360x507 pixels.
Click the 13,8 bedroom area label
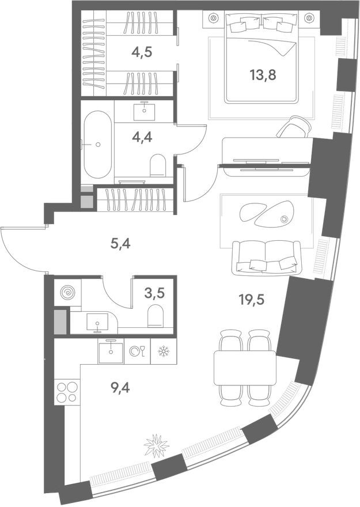[x=263, y=75]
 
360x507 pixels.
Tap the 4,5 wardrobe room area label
[x=142, y=51]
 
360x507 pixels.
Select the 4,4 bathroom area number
[x=142, y=138]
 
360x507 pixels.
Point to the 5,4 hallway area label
[x=120, y=244]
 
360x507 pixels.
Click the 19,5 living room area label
[x=252, y=300]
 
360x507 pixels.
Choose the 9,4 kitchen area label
[x=120, y=387]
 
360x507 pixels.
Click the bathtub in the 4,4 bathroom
[x=98, y=145]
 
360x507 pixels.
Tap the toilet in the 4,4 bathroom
[x=158, y=165]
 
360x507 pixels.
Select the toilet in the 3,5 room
[x=156, y=315]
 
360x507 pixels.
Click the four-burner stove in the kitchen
[x=67, y=391]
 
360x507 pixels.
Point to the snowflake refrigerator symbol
[x=163, y=351]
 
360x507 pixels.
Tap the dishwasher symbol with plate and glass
[x=137, y=351]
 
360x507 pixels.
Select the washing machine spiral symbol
[x=67, y=292]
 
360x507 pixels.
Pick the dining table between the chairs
[x=245, y=368]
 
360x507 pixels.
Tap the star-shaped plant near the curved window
[x=157, y=445]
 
